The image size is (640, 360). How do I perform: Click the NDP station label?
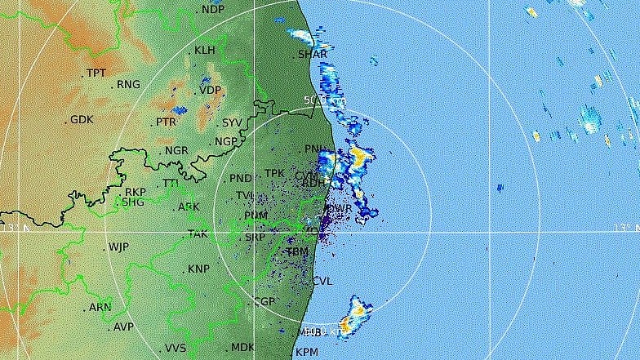212,9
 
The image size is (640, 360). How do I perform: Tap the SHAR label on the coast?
312,55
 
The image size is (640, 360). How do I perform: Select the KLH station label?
204,51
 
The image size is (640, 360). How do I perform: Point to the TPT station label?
96,73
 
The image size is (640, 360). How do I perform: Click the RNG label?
128,84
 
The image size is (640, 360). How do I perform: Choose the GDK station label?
82,120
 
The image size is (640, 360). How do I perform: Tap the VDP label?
210,91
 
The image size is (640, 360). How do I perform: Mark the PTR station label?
167,122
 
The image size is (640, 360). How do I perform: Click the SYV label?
232,123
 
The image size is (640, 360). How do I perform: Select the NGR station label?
176,151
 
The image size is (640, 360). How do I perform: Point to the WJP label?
119,247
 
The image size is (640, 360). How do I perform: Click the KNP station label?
198,269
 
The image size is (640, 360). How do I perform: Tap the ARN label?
100,308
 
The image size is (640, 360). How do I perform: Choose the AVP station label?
123,327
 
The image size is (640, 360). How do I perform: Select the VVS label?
176,349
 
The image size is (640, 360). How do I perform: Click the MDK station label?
242,348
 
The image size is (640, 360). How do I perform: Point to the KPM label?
306,353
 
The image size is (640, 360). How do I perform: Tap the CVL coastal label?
322,281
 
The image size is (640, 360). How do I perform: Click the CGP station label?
264,302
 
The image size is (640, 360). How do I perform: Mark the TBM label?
297,253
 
